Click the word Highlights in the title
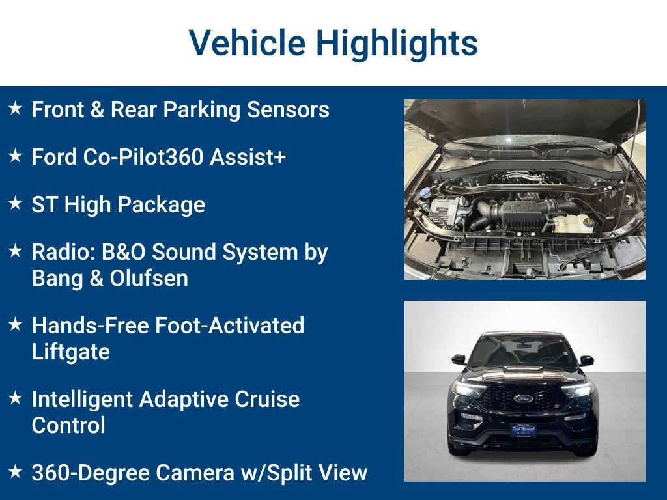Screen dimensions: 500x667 [397, 43]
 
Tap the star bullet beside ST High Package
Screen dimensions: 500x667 [15, 204]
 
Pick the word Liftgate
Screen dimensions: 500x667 [70, 352]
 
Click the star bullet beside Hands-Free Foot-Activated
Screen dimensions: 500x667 [15, 324]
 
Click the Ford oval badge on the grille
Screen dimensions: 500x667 [523, 398]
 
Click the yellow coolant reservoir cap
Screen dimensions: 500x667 [588, 222]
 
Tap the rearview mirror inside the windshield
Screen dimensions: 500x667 [523, 344]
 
